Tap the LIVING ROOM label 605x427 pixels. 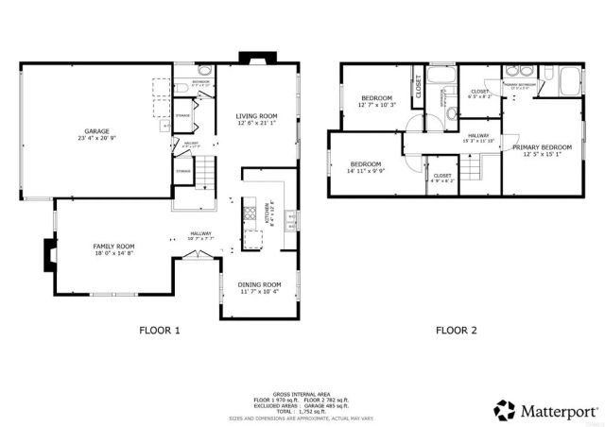point(255,116)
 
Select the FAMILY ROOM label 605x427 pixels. point(112,247)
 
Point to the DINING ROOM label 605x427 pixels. point(259,284)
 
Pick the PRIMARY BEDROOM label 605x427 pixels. point(542,147)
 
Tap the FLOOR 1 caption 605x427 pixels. point(160,331)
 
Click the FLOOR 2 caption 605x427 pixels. point(456,331)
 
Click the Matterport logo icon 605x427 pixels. point(504,409)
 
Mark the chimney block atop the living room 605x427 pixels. point(256,59)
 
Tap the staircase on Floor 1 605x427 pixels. point(207,174)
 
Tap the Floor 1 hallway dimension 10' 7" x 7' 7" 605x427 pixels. point(201,238)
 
